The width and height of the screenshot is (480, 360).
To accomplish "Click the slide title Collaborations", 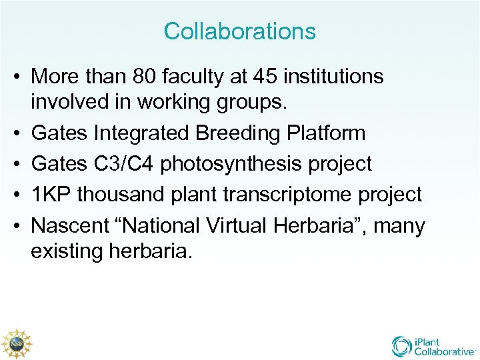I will click(240, 31).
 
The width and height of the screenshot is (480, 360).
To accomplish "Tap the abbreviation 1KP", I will click(51, 195).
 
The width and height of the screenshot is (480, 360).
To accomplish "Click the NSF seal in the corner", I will click(16, 343).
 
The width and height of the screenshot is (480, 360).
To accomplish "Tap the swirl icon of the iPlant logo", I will click(402, 345).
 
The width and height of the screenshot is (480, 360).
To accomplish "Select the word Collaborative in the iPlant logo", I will click(445, 351).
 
